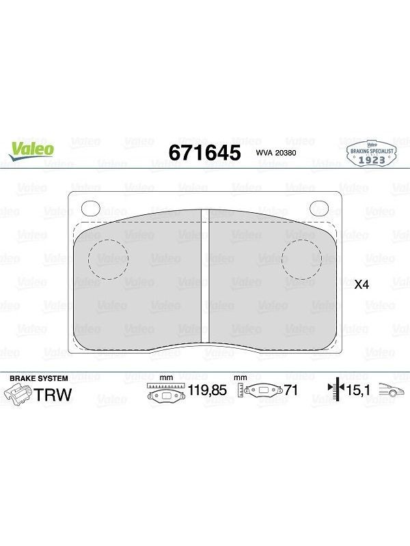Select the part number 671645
(x=204, y=152)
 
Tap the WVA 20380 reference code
(x=276, y=153)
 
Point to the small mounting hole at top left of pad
(x=91, y=209)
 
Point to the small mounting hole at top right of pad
(x=319, y=208)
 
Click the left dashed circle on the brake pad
(x=109, y=259)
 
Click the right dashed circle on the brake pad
(x=301, y=259)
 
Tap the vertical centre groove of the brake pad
(x=205, y=276)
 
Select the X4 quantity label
(x=361, y=285)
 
